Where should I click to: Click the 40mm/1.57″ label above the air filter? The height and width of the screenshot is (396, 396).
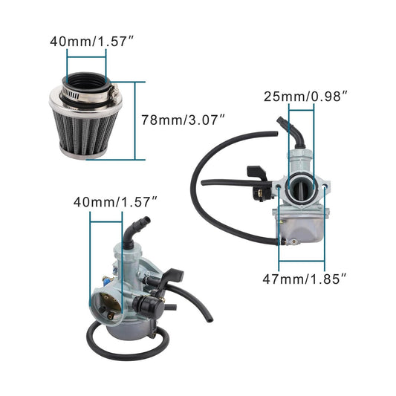point(86,41)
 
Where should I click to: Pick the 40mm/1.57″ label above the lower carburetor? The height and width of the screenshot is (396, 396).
point(115,201)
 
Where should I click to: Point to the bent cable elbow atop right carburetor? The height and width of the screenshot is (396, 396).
point(290,130)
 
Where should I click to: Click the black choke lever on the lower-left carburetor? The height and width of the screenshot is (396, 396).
point(172,276)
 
